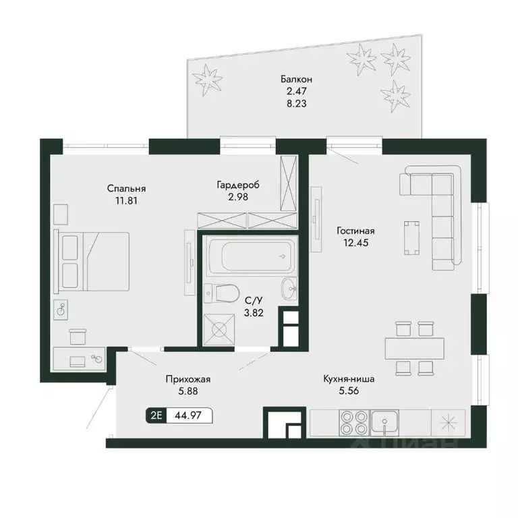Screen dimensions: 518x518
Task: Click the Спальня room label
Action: click(126, 189)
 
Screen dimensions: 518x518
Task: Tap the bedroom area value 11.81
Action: click(126, 200)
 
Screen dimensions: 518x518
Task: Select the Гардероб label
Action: click(238, 185)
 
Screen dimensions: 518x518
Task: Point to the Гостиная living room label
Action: click(355, 231)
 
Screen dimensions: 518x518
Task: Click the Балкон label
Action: click(296, 80)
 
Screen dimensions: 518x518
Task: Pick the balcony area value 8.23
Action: click(296, 103)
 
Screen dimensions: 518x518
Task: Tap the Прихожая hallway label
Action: click(188, 380)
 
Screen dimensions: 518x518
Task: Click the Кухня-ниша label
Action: click(349, 379)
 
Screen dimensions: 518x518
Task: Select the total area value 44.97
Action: click(188, 415)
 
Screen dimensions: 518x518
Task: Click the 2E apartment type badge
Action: click(156, 415)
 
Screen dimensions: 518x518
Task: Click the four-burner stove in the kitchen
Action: click(354, 422)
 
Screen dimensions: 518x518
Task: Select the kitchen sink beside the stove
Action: click(384, 422)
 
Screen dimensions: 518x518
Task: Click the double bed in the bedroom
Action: click(92, 262)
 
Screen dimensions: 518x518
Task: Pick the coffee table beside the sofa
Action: click(411, 238)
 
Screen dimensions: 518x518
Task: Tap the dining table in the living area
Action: click(414, 348)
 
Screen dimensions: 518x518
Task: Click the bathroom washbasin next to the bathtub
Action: click(289, 289)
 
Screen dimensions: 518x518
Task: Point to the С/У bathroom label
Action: click(254, 300)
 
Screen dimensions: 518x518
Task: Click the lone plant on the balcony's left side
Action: click(207, 80)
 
